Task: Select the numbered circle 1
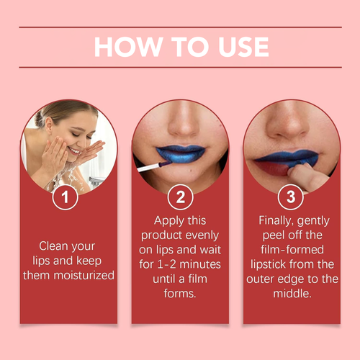click(x=65, y=197)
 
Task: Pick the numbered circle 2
click(x=180, y=197)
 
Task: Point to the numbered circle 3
click(x=291, y=197)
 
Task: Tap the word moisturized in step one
click(x=84, y=275)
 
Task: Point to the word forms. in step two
click(x=180, y=293)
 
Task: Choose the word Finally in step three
click(x=274, y=221)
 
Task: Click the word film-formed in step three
click(x=292, y=250)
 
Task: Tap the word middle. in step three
click(x=292, y=293)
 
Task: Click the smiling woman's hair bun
click(x=40, y=118)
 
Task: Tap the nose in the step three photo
click(x=289, y=125)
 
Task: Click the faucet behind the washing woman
click(x=96, y=181)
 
